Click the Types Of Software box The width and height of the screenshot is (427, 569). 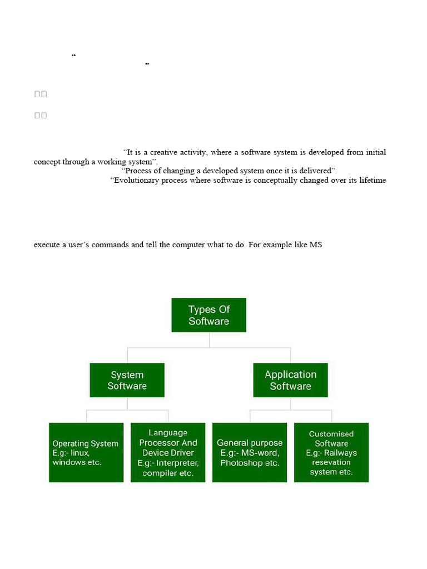point(208,315)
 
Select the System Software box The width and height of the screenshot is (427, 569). point(127,380)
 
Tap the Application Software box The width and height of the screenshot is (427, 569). point(290,380)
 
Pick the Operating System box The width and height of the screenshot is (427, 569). point(86,452)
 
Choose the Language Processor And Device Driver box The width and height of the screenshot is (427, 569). point(168,452)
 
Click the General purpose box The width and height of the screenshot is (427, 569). point(250,452)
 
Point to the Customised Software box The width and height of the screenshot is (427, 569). point(331,452)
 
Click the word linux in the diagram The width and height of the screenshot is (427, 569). point(80,453)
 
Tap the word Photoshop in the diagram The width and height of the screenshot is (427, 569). point(241,462)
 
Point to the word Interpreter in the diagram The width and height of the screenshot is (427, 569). point(177,463)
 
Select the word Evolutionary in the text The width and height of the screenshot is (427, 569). point(137,181)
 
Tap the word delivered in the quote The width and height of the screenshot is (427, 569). point(315,171)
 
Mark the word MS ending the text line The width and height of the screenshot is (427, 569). point(316,244)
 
